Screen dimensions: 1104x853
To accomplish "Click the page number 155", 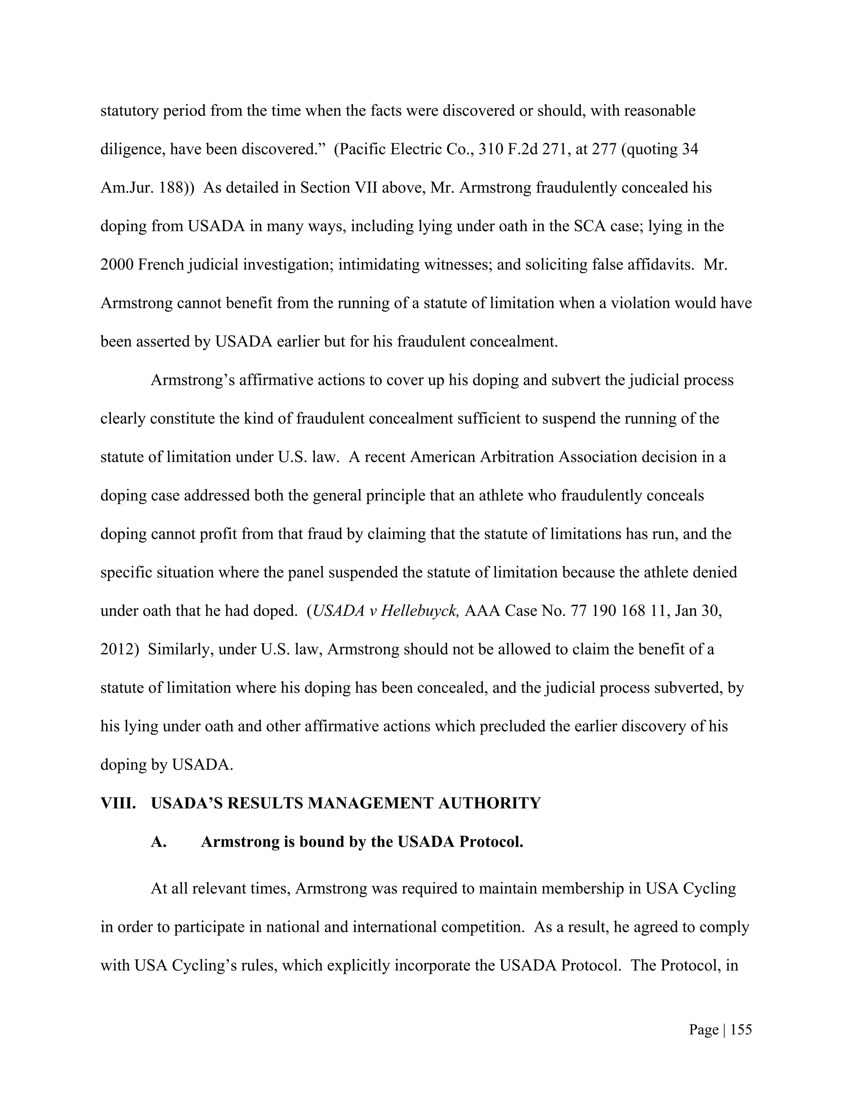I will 741,1030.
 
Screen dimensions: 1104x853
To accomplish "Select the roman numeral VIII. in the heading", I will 118,803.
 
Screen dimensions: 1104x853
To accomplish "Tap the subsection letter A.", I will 158,842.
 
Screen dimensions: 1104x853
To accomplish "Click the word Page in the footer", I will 703,1030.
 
